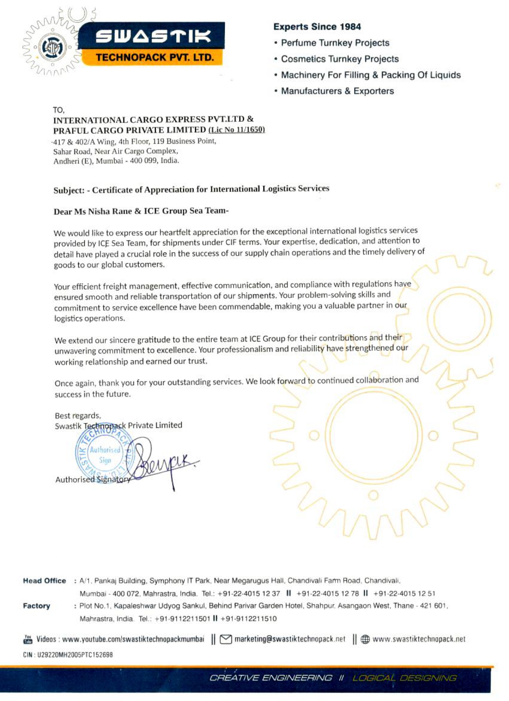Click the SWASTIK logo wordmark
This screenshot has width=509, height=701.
pyautogui.click(x=153, y=37)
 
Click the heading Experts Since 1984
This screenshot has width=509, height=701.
pyautogui.click(x=317, y=27)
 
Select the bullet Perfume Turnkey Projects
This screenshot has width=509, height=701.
pyautogui.click(x=335, y=43)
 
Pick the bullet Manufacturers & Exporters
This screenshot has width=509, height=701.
pyautogui.click(x=337, y=91)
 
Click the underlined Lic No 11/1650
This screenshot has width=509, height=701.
pyautogui.click(x=237, y=129)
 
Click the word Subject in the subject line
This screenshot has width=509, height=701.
pyautogui.click(x=69, y=190)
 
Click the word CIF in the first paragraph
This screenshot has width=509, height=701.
pyautogui.click(x=230, y=242)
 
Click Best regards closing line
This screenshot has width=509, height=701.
pyautogui.click(x=78, y=415)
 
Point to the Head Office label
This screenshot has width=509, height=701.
pyautogui.click(x=44, y=581)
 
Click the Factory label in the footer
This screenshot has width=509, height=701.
pyautogui.click(x=36, y=606)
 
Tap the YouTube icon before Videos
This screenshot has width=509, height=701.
pyautogui.click(x=28, y=639)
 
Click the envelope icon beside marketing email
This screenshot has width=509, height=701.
pyautogui.click(x=226, y=639)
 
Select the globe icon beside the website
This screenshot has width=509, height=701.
pyautogui.click(x=365, y=639)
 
